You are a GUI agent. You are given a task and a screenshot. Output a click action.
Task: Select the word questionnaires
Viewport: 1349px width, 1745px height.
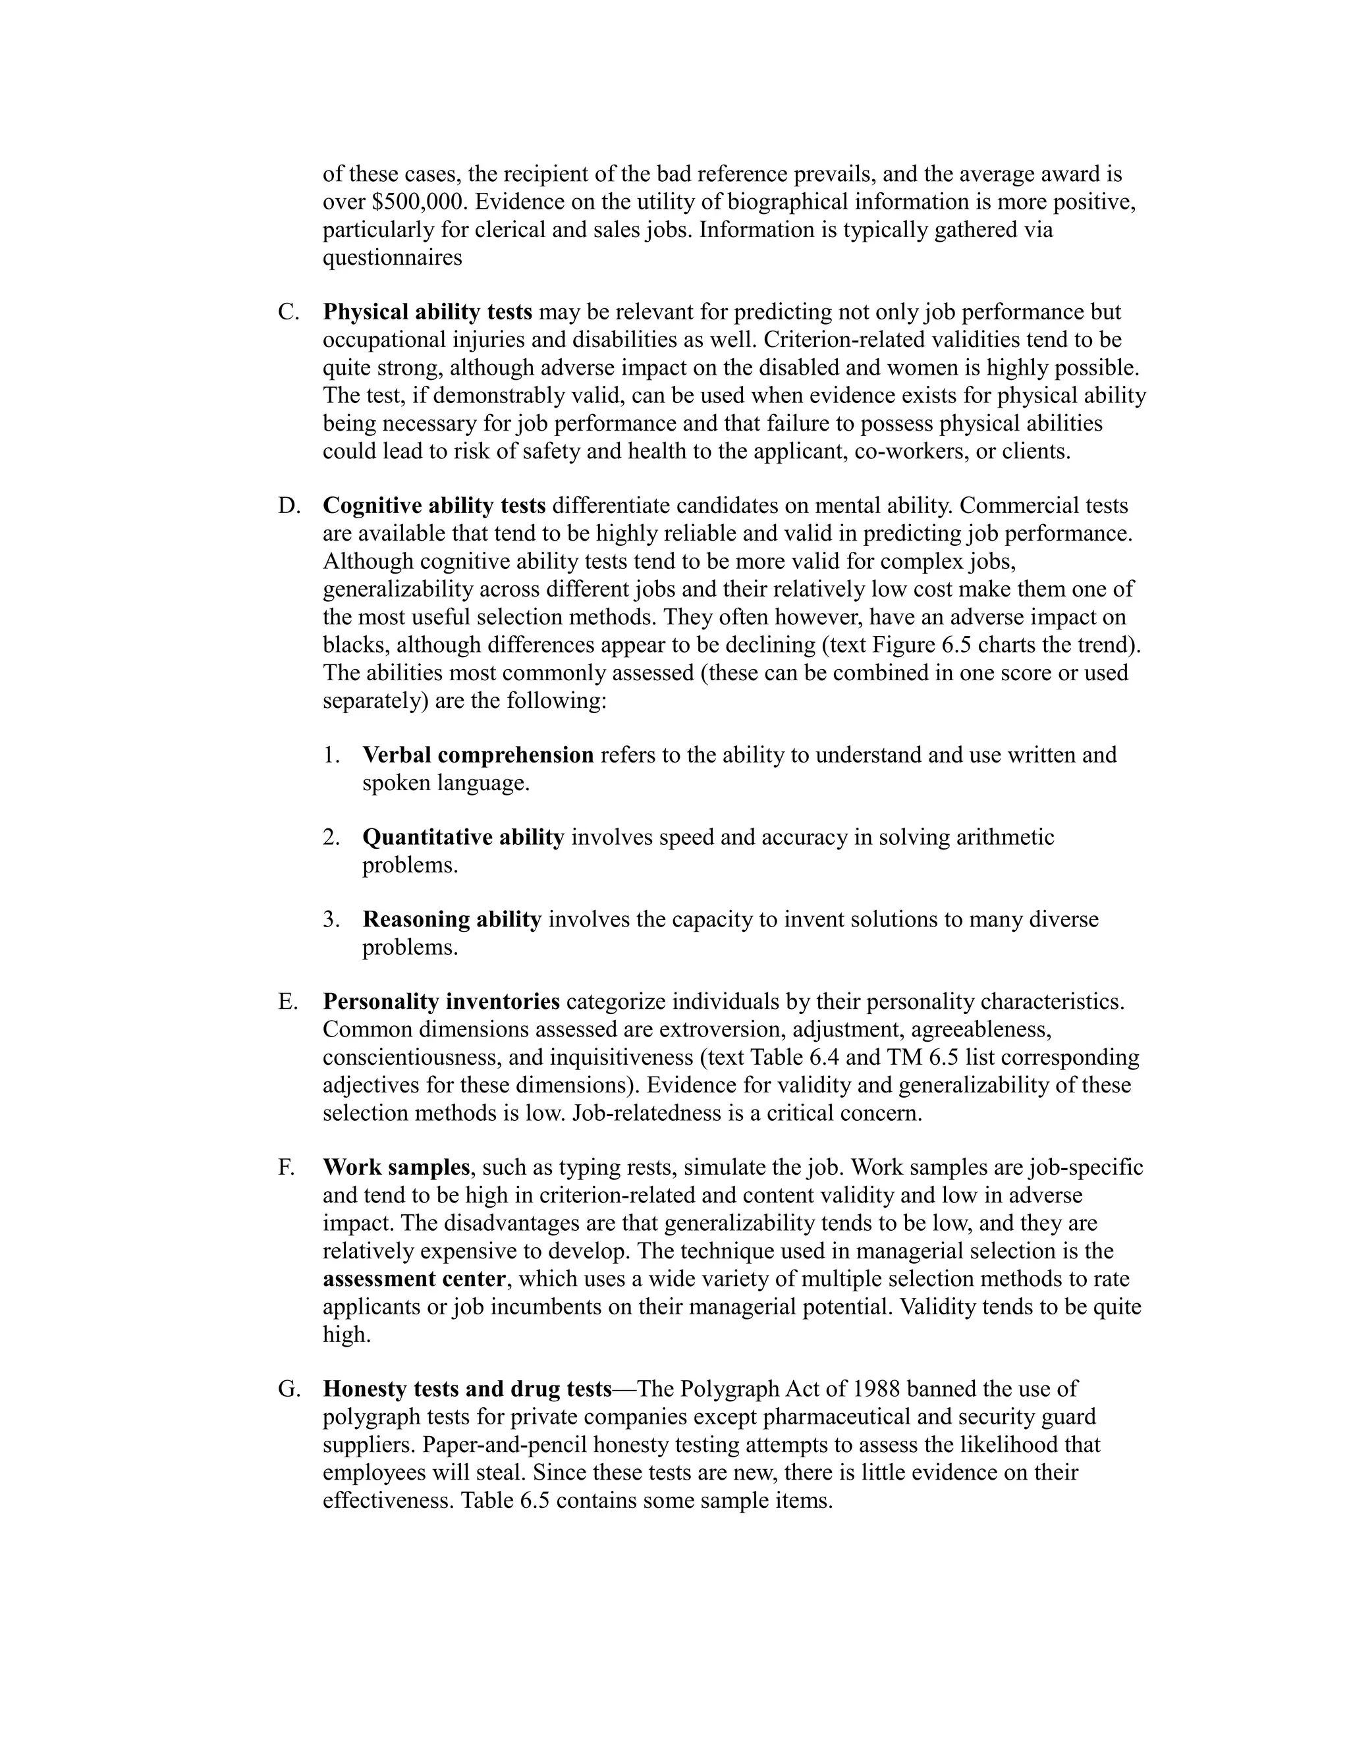[x=393, y=258]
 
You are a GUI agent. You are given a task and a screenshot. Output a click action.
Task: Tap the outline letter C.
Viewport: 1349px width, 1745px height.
[x=288, y=312]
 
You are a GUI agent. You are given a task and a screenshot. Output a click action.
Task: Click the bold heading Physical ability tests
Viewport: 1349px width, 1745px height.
[x=427, y=312]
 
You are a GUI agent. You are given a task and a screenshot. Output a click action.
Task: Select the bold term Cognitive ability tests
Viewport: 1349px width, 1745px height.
[x=434, y=506]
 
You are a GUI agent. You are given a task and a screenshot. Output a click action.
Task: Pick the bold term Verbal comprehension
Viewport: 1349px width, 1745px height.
[x=478, y=755]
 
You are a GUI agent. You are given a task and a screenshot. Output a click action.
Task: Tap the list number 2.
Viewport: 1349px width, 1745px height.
[x=332, y=838]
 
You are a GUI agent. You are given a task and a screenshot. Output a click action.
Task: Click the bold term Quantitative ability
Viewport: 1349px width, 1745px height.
[x=464, y=838]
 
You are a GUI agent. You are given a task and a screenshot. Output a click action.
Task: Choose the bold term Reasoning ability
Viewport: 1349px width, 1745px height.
[x=451, y=920]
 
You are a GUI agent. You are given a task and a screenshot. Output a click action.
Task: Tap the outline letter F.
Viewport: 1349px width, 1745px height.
[x=286, y=1168]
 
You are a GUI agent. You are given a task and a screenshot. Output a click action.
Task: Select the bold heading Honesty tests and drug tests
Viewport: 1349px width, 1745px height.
[x=468, y=1389]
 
